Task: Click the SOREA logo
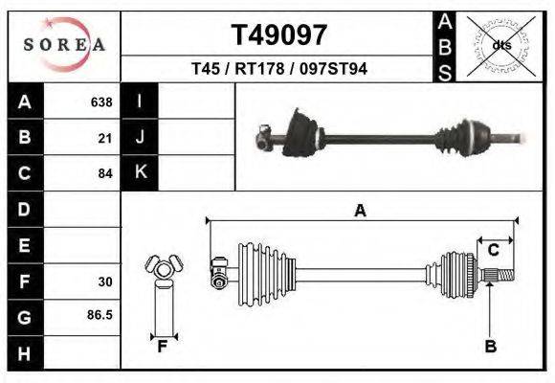[64, 45]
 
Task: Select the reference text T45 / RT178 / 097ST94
[280, 69]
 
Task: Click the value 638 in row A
[100, 101]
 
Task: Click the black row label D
[24, 209]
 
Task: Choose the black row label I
[140, 101]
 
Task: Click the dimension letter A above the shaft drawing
[360, 211]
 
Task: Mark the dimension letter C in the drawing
[494, 251]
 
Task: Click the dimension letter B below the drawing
[490, 348]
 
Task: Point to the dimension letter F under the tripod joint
[163, 347]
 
